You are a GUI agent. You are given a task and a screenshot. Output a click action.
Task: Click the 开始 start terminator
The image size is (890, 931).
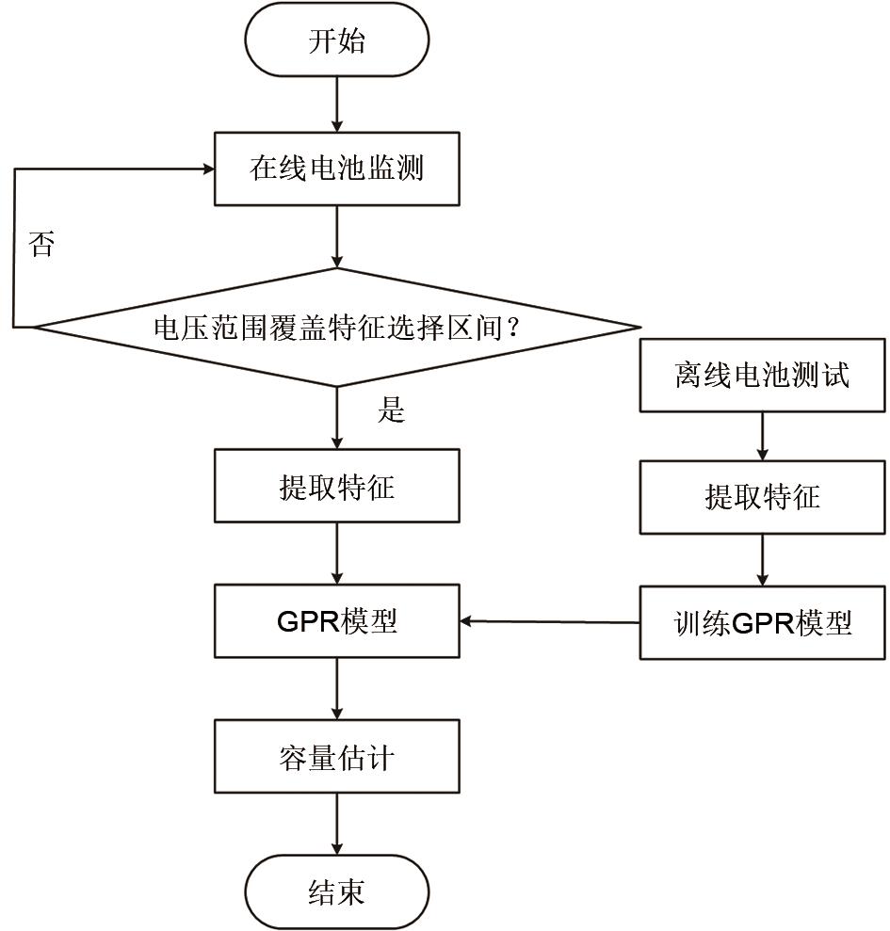click(x=337, y=42)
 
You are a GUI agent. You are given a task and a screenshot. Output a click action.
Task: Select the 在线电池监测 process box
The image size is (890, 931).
click(x=337, y=169)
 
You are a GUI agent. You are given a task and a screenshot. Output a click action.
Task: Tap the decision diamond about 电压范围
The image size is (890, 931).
click(x=337, y=328)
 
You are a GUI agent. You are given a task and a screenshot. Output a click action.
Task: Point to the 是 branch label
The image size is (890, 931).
click(x=391, y=410)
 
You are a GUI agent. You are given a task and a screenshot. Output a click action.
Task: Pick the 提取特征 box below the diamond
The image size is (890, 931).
click(x=337, y=486)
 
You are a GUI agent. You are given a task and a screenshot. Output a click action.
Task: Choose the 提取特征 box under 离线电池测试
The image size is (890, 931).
click(x=763, y=496)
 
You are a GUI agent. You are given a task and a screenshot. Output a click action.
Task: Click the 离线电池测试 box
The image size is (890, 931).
click(x=763, y=375)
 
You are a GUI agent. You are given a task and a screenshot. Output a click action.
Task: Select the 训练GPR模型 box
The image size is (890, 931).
click(x=763, y=622)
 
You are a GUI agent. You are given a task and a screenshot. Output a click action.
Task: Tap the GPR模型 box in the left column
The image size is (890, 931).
click(x=337, y=621)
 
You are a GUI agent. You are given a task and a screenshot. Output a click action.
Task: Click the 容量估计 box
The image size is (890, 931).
click(x=337, y=758)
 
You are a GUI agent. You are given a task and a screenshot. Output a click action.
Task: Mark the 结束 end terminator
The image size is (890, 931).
click(x=337, y=891)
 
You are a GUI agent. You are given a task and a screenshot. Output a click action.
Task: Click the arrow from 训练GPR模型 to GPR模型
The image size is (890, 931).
click(x=551, y=621)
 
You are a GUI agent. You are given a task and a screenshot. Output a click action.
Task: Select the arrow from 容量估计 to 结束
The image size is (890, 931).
click(x=337, y=826)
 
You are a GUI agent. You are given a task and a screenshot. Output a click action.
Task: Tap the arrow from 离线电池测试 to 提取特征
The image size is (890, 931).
click(x=763, y=436)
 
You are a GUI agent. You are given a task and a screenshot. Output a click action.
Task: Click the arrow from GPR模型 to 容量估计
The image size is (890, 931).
click(x=337, y=689)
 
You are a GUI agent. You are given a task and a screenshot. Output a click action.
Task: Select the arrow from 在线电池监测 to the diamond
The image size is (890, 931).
click(x=337, y=237)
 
